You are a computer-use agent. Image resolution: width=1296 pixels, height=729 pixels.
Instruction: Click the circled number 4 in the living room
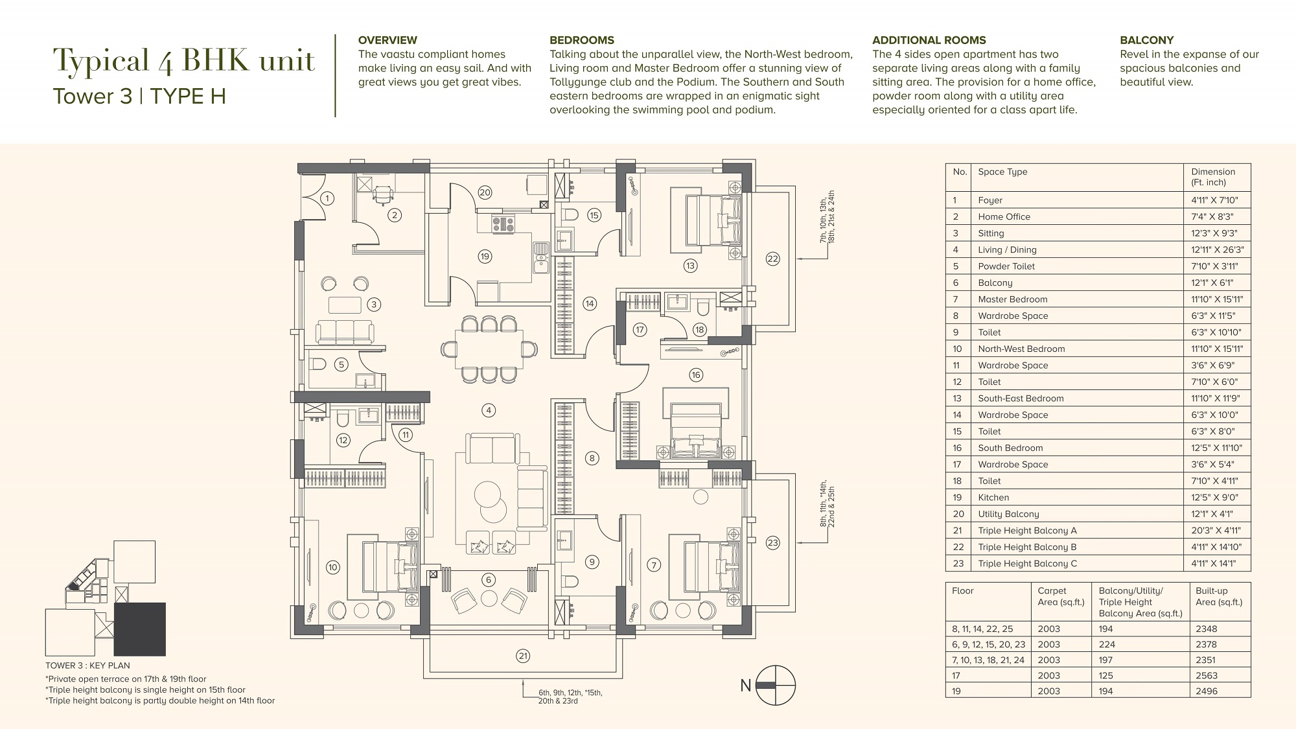pos(489,410)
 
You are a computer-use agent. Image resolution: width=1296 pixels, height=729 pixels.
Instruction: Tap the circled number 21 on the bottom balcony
pos(523,656)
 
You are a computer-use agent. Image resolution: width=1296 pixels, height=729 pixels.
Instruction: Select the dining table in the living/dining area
pos(489,349)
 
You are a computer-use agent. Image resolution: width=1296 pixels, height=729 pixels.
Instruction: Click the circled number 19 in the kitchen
pos(485,257)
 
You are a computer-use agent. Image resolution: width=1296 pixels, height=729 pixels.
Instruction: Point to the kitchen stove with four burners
pos(503,225)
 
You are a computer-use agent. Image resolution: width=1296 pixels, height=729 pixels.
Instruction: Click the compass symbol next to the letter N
pos(775,686)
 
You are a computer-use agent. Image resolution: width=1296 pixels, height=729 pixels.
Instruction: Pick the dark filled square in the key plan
pos(139,629)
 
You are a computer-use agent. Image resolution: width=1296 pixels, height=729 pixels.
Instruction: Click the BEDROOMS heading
pos(582,40)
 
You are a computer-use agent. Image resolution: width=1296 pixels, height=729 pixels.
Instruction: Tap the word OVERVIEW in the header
pos(388,40)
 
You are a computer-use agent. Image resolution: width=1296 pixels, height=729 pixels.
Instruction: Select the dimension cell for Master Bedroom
pos(1217,299)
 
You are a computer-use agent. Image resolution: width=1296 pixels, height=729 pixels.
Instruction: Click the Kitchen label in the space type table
pos(993,498)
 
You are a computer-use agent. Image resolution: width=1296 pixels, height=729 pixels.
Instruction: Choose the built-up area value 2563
pos(1207,675)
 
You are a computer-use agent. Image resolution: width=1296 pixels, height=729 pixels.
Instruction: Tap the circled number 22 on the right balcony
pos(772,259)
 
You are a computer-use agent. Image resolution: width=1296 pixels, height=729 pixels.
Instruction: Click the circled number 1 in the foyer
pos(327,198)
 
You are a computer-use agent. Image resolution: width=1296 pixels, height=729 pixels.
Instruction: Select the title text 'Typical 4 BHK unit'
pos(184,60)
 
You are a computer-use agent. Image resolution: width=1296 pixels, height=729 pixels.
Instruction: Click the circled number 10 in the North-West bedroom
pos(332,567)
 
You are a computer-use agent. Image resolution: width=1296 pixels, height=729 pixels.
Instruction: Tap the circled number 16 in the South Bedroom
pos(696,375)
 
